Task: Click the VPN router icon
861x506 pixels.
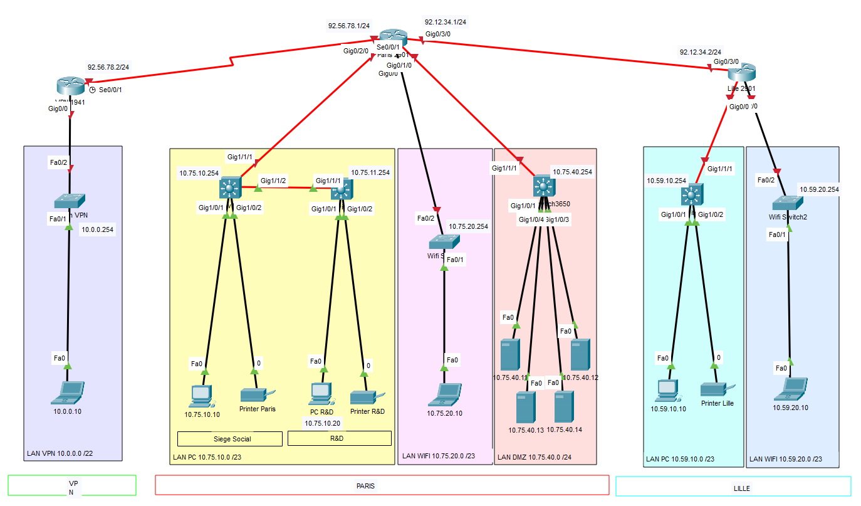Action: (70, 86)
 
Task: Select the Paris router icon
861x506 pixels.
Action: (393, 37)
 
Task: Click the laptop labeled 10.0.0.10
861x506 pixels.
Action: (68, 392)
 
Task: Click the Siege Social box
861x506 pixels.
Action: (229, 438)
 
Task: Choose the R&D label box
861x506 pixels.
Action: (339, 438)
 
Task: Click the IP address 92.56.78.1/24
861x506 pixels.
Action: (348, 26)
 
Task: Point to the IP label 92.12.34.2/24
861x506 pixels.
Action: (700, 52)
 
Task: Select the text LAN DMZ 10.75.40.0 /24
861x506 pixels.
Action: (535, 457)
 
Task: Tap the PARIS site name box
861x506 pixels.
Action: (382, 485)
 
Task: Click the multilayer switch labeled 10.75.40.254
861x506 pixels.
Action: (543, 186)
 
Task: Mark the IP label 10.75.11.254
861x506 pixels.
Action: (370, 172)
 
